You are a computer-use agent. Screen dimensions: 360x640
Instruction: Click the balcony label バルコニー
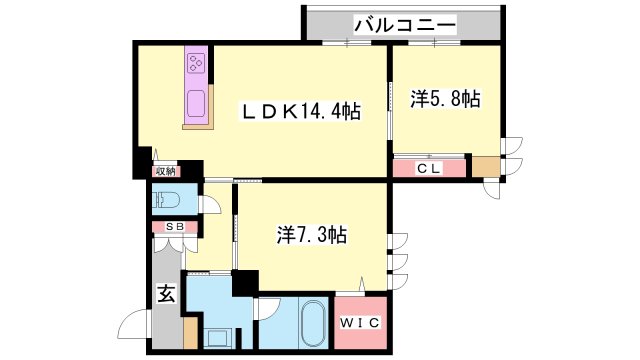pos(405,23)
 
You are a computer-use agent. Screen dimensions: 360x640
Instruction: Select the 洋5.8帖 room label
pos(445,99)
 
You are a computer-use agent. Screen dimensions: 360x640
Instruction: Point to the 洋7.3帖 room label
pos(311,236)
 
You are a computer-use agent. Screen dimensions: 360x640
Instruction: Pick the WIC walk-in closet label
pos(358,324)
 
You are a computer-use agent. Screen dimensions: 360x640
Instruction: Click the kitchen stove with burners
pos(195,65)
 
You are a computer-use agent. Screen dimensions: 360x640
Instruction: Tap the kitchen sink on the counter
pos(196,103)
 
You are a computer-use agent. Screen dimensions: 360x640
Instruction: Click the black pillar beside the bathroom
pos(243,282)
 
